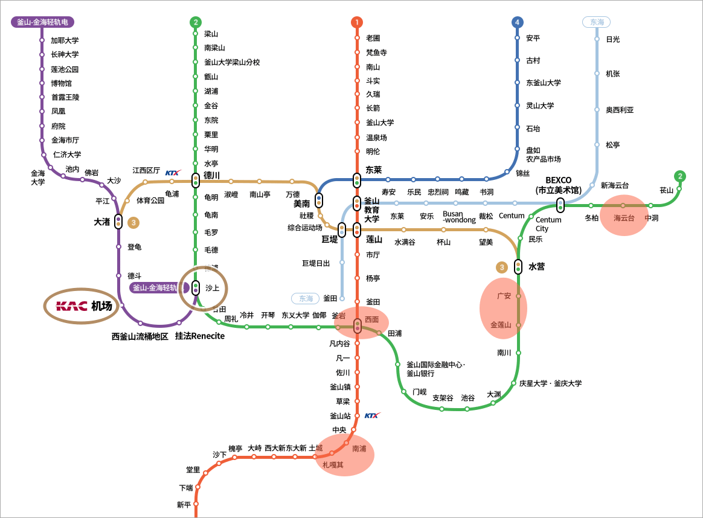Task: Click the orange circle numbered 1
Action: coord(357,22)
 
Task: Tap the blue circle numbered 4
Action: coord(517,22)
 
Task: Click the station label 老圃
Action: coord(373,38)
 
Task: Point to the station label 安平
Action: coord(533,38)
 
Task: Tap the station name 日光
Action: coord(612,39)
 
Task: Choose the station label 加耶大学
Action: coord(65,40)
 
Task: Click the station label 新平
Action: coord(184,505)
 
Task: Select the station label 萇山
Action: coord(666,190)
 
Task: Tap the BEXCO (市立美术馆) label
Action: coord(559,185)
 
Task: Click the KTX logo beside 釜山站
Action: coord(372,415)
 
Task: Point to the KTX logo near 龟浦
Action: coord(173,173)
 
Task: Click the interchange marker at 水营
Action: coord(518,266)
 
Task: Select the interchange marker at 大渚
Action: coord(118,222)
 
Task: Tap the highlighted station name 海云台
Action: coord(624,218)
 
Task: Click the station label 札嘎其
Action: coord(333,465)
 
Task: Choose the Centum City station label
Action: coord(548,224)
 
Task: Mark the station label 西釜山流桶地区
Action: coord(140,336)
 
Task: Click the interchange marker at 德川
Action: coord(196,180)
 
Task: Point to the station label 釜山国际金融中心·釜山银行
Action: coord(435,369)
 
